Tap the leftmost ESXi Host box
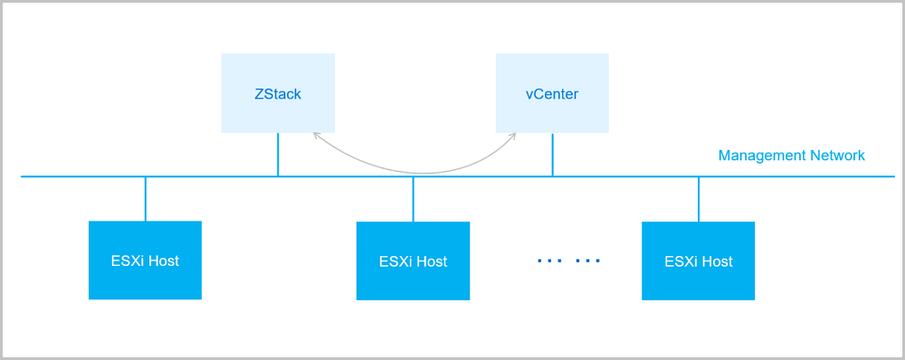tap(145, 261)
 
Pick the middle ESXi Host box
tap(413, 261)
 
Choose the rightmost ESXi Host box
tap(698, 261)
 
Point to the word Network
tap(837, 156)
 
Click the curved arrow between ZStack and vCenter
tap(414, 171)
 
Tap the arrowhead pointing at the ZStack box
tap(316, 136)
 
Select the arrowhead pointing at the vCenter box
tap(512, 137)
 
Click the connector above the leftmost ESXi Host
tap(145, 199)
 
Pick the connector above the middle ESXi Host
tap(413, 199)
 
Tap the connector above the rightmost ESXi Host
tap(698, 199)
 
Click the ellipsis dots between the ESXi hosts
tap(568, 261)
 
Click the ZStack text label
tap(278, 94)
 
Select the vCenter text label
tap(552, 94)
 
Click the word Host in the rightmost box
tap(714, 261)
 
